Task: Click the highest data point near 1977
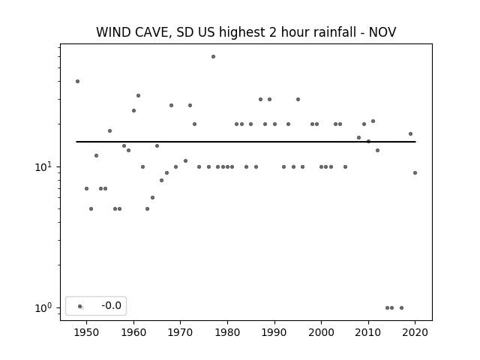pos(213,57)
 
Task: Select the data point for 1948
pos(78,82)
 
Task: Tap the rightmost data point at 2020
pos(415,173)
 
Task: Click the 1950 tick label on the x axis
pos(87,333)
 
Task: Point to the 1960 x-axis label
pos(133,333)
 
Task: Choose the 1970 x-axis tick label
pos(181,333)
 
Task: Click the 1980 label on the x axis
pos(227,333)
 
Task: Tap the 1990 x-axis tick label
pos(274,333)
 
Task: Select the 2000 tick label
pos(322,333)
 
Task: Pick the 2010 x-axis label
pos(368,333)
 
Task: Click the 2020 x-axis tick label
pos(415,333)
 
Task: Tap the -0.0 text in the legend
pos(111,305)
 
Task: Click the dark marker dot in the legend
pos(80,306)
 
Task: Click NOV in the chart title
pos(382,32)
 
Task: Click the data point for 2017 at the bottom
pos(402,308)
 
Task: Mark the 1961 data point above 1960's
pos(138,96)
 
